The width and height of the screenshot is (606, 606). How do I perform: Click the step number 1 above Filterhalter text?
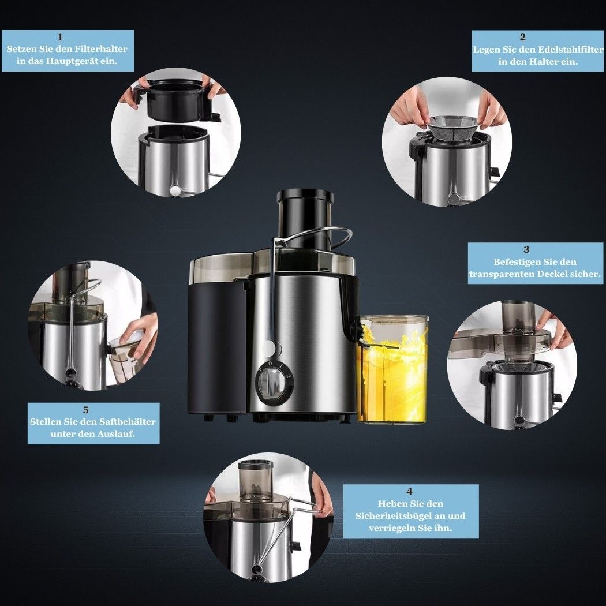pyautogui.click(x=60, y=38)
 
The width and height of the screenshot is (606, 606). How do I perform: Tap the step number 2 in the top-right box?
pyautogui.click(x=522, y=38)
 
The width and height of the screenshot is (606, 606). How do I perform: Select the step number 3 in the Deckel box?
pyautogui.click(x=526, y=250)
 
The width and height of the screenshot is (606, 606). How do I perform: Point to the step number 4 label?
pyautogui.click(x=409, y=491)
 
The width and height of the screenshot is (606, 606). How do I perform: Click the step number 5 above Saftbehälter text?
pyautogui.click(x=85, y=410)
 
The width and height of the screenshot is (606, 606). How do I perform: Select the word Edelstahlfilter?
pyautogui.click(x=570, y=50)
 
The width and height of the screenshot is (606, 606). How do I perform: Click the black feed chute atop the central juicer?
pyautogui.click(x=305, y=219)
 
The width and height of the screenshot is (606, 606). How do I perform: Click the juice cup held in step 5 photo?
pyautogui.click(x=122, y=360)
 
